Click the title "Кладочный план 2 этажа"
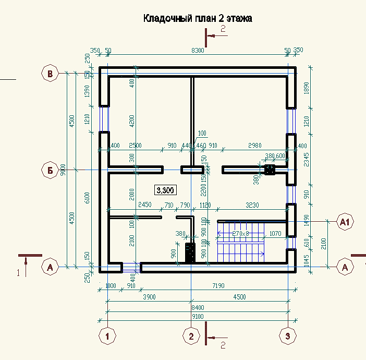pyautogui.click(x=198, y=19)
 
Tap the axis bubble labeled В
pyautogui.click(x=50, y=74)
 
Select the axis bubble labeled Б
pyautogui.click(x=50, y=170)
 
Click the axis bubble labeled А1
pyautogui.click(x=345, y=222)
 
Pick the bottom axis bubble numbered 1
pyautogui.click(x=107, y=337)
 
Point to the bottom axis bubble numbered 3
pyautogui.click(x=288, y=337)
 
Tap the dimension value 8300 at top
pyautogui.click(x=198, y=51)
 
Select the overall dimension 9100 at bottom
pyautogui.click(x=198, y=316)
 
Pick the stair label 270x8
pyautogui.click(x=241, y=233)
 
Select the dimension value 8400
pyautogui.click(x=198, y=308)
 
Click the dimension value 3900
pyautogui.click(x=149, y=297)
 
